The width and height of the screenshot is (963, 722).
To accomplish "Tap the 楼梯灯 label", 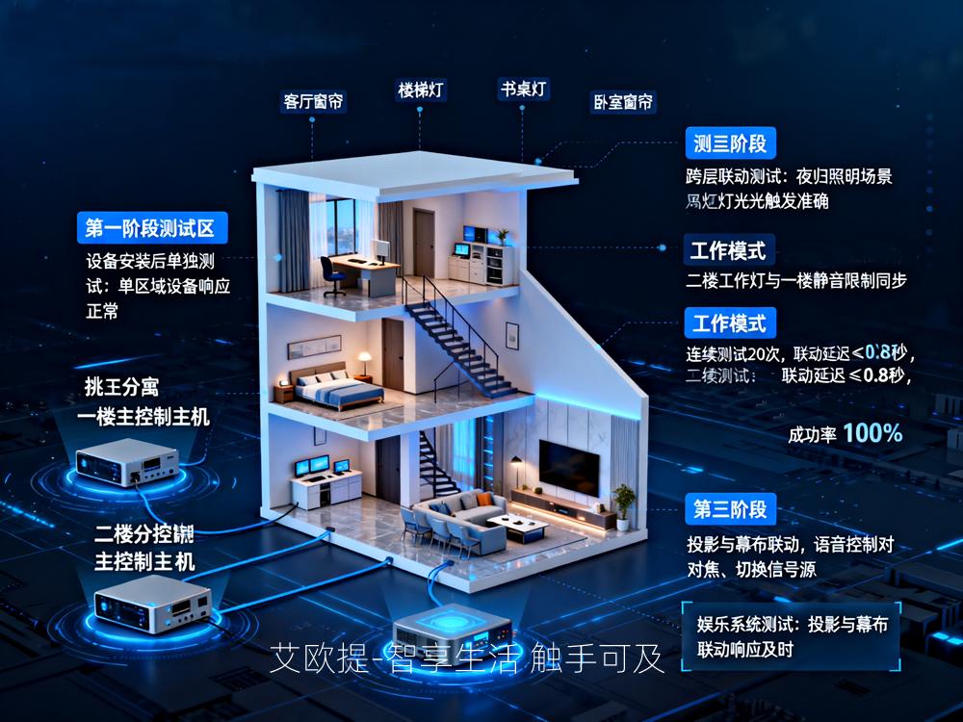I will pyautogui.click(x=422, y=90).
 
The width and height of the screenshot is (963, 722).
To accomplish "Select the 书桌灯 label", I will pyautogui.click(x=523, y=90).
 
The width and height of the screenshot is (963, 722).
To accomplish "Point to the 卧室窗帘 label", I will pyautogui.click(x=622, y=101).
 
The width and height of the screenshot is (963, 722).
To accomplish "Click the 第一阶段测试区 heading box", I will pyautogui.click(x=152, y=228).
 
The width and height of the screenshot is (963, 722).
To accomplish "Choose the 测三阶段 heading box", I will pyautogui.click(x=730, y=144).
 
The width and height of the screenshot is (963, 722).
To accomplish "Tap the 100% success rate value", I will pyautogui.click(x=872, y=433).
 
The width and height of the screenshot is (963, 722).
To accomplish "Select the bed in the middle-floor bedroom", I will pyautogui.click(x=337, y=386).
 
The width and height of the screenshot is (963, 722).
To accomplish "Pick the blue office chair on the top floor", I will pyautogui.click(x=333, y=277).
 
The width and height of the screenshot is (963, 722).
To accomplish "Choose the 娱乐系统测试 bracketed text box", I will pyautogui.click(x=792, y=635).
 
